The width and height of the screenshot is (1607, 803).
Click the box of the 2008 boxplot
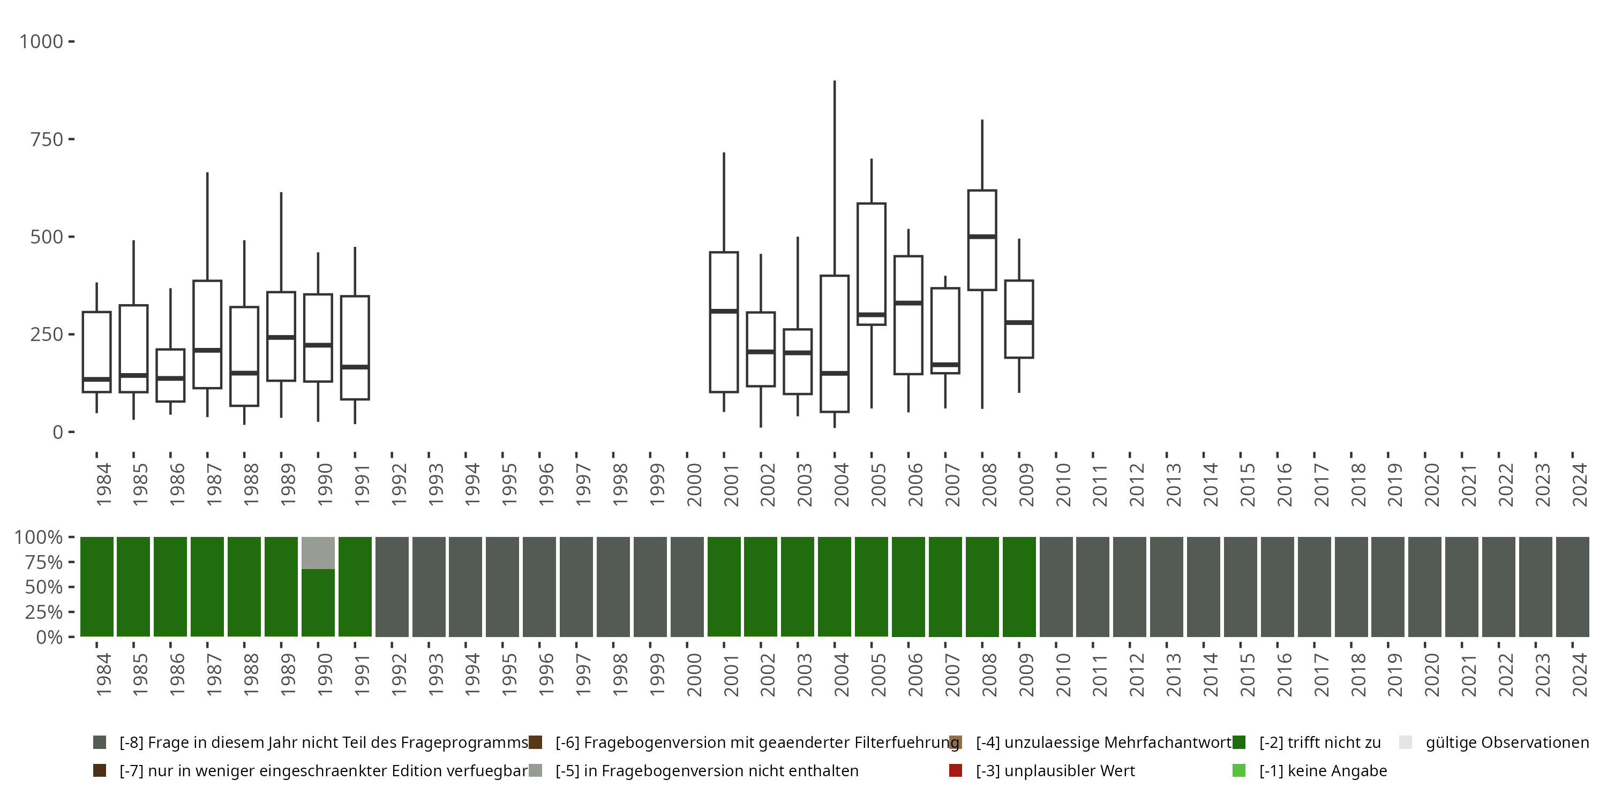(x=982, y=262)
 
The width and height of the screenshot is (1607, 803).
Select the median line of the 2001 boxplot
(x=724, y=310)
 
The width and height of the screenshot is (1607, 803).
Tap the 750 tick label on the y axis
(x=47, y=140)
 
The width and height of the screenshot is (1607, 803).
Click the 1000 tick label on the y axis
(x=41, y=42)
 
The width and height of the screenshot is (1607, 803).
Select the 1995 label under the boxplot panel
(x=509, y=484)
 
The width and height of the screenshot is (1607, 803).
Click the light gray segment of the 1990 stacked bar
(x=318, y=553)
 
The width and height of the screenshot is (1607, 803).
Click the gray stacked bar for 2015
(x=1240, y=587)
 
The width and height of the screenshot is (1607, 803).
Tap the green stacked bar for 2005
(x=872, y=587)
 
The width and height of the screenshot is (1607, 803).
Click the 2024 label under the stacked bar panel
(x=1580, y=675)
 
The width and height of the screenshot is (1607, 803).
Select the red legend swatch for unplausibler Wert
(x=955, y=770)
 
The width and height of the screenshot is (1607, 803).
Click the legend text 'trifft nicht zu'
(x=1320, y=743)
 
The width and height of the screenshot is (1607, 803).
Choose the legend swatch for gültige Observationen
(x=1406, y=743)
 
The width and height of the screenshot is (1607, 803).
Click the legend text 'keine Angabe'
(x=1323, y=770)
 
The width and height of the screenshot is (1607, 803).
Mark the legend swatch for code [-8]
(x=99, y=743)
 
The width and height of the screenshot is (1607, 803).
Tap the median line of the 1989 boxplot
(x=281, y=337)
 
